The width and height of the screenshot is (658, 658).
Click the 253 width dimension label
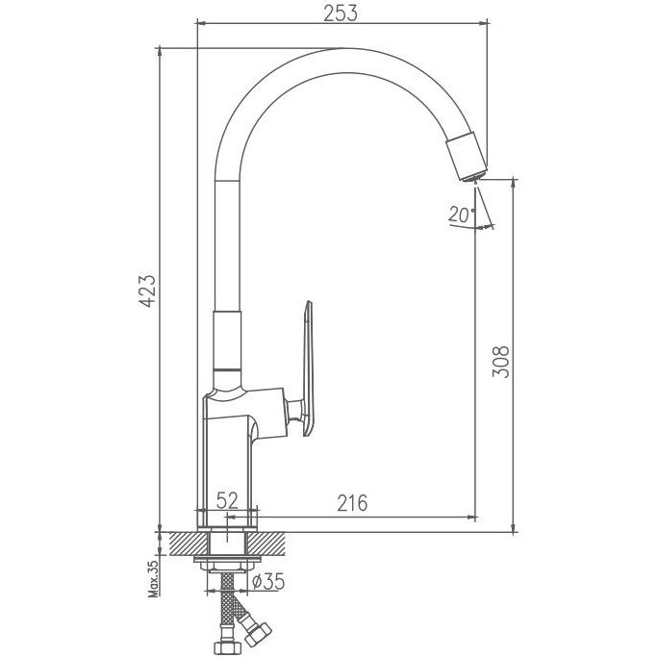pos(341,13)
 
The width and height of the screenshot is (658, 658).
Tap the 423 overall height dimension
pos(147,291)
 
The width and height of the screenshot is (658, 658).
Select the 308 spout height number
pos(500,362)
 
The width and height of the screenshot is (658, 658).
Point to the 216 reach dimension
pos(352,503)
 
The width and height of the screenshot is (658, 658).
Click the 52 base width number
pos(227,500)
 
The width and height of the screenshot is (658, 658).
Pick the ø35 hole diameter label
pos(268,581)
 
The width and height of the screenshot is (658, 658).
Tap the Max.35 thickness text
pos(154,578)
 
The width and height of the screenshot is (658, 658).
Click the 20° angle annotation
pos(461,215)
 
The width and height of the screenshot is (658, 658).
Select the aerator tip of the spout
pos(473,177)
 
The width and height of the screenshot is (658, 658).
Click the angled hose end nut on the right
pos(258,635)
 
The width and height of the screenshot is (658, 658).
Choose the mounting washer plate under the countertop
pos(227,559)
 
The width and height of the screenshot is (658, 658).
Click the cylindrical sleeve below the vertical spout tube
pos(227,341)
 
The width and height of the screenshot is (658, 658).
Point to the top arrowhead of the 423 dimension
pos(159,54)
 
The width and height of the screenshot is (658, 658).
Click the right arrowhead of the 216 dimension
pos(471,518)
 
